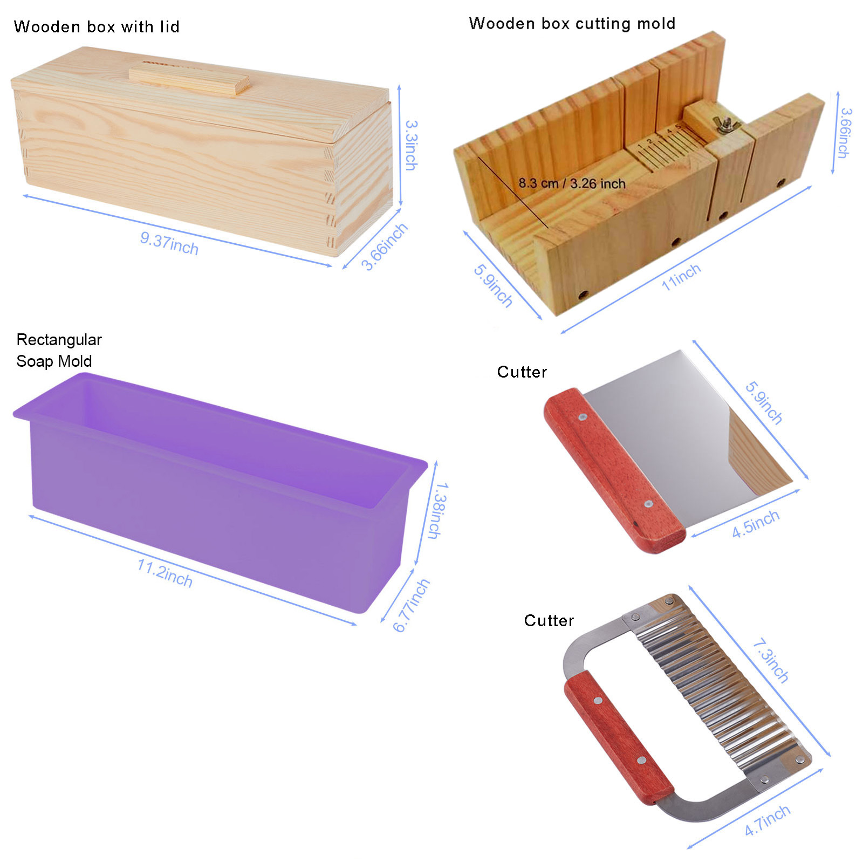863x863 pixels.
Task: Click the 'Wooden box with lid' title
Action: pos(97,27)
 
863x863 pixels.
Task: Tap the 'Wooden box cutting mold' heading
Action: pos(572,24)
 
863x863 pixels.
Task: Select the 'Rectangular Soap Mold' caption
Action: pos(59,350)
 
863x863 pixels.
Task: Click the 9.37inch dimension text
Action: pos(169,243)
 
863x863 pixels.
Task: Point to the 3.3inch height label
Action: pos(411,145)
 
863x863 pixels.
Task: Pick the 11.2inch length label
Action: pos(165,573)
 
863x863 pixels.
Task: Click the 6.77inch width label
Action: pos(410,605)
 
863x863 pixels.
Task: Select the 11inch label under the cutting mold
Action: pos(681,277)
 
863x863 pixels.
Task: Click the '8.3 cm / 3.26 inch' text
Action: pos(572,183)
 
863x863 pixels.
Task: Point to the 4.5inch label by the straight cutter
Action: pos(755,524)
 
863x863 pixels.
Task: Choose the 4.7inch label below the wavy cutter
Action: pos(767,821)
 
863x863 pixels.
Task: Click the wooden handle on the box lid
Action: pos(189,79)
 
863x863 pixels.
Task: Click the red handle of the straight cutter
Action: pos(615,470)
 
